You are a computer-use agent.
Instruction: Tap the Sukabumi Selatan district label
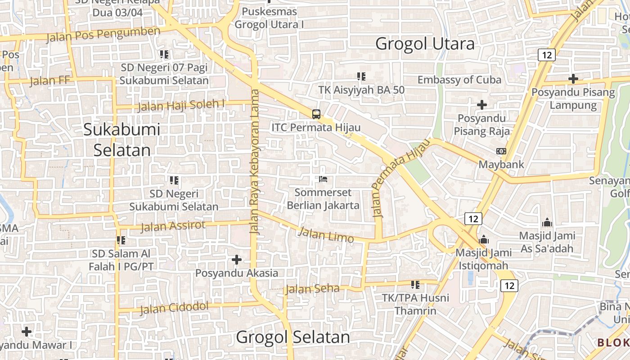[122, 139]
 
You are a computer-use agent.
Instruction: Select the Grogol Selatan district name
[293, 337]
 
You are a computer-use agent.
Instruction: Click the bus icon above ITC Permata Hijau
[316, 114]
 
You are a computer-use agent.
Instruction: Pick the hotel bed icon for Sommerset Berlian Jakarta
[323, 179]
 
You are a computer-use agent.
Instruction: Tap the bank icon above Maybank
[501, 151]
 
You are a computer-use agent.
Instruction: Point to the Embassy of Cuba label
[459, 80]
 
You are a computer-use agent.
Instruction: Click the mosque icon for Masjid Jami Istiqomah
[484, 239]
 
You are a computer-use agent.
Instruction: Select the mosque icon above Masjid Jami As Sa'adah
[547, 222]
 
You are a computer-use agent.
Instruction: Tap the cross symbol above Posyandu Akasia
[237, 260]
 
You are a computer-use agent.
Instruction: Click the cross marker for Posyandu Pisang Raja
[482, 105]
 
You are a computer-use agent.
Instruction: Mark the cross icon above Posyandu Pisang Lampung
[573, 79]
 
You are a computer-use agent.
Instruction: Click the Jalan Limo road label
[326, 234]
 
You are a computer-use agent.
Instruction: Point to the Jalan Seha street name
[312, 288]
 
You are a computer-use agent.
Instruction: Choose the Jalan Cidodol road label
[174, 308]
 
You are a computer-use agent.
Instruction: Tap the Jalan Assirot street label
[173, 226]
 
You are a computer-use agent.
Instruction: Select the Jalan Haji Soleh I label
[181, 105]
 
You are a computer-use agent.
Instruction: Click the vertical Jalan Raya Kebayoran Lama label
[255, 161]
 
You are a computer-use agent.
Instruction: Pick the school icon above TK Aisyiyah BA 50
[361, 76]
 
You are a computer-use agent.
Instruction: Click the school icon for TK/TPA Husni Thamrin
[415, 284]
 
